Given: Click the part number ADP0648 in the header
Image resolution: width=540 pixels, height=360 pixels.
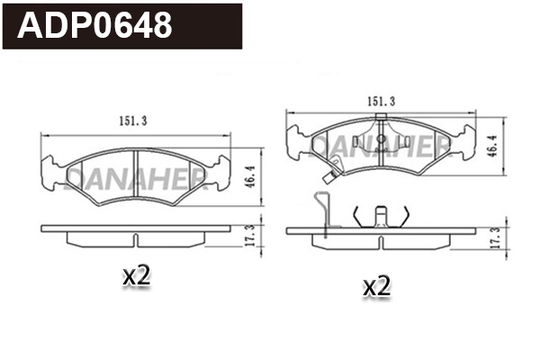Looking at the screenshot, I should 95,25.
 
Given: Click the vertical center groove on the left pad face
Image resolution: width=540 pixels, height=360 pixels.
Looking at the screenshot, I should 134,169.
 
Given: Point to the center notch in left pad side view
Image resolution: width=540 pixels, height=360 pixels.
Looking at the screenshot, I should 134,240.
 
